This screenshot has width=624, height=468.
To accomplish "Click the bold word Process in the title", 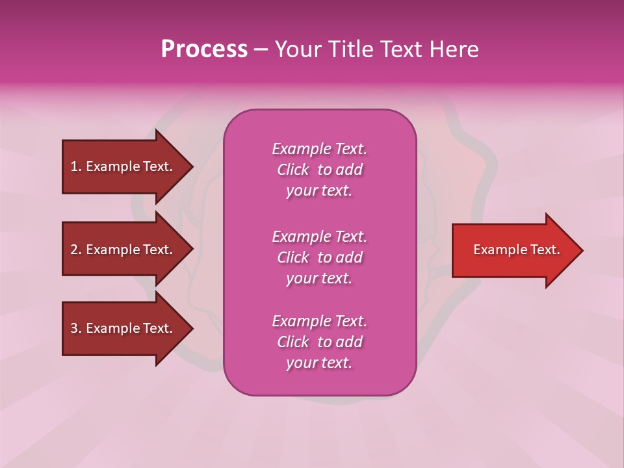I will (204, 49).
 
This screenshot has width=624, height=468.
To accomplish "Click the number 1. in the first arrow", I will (76, 166).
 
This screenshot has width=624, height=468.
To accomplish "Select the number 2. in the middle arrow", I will (76, 250).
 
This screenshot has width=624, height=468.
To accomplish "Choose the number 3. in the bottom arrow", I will (76, 328).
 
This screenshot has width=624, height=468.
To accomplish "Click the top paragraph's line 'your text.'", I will (319, 191).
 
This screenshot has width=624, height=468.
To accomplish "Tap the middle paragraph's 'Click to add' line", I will (319, 257).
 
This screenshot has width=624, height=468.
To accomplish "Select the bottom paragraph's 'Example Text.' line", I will (319, 321).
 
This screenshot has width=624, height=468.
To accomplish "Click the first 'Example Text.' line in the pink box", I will (319, 149).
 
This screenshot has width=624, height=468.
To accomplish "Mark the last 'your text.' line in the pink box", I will (319, 363).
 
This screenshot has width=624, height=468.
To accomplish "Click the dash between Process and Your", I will (261, 49).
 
